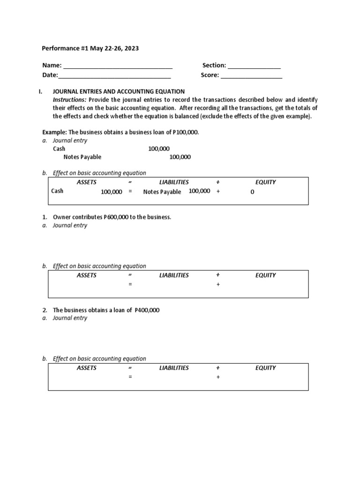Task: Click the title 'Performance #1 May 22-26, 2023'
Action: tap(90, 48)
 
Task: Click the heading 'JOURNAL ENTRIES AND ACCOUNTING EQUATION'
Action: tap(119, 91)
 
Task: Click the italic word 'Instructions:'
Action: tap(69, 100)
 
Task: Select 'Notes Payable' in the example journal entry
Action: tap(82, 157)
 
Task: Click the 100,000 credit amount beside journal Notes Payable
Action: tap(180, 157)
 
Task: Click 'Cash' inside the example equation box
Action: tap(57, 191)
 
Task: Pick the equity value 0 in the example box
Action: tap(252, 192)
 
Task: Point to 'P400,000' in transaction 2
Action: tap(147, 310)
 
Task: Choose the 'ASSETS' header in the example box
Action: tap(87, 182)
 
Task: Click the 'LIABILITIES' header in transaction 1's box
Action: tap(174, 275)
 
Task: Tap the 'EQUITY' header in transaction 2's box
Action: tap(265, 368)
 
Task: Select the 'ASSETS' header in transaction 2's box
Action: tap(87, 368)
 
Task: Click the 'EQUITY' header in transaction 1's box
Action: tap(265, 275)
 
